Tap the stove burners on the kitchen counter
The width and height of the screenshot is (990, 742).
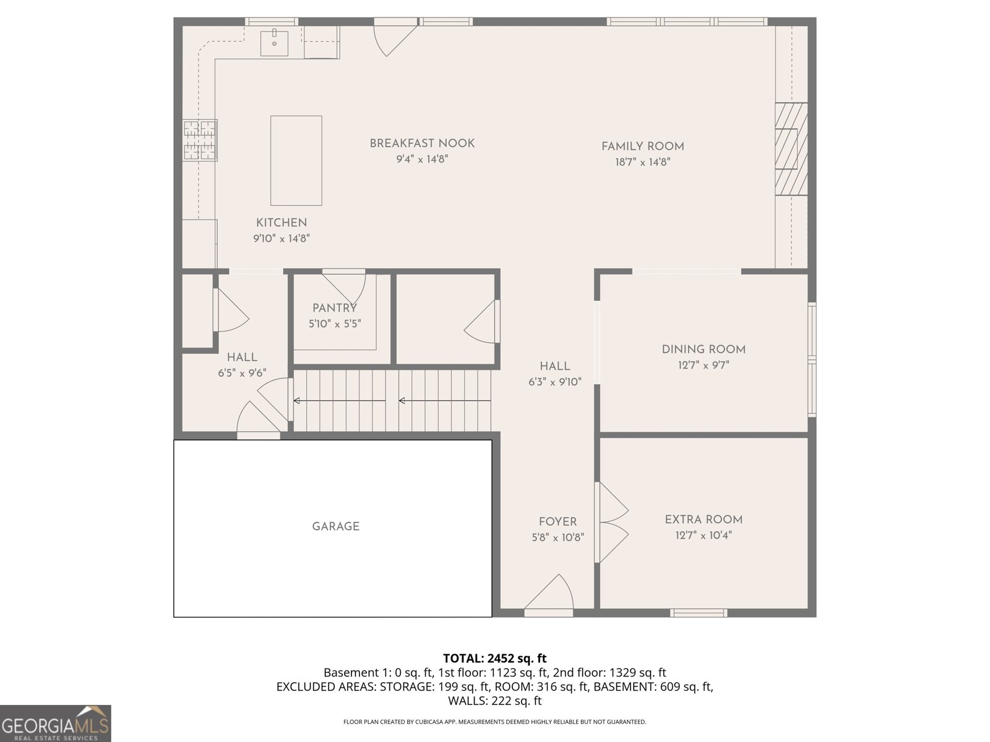point(200,140)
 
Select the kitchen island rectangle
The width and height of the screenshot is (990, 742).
point(296,160)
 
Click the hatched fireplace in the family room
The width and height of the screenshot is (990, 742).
point(791,149)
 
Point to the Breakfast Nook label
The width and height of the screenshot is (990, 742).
point(422,143)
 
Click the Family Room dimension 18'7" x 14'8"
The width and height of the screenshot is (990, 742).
point(642,163)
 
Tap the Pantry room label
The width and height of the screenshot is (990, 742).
point(334,308)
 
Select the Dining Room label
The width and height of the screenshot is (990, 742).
point(704,349)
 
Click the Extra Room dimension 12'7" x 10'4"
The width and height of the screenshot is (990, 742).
point(704,535)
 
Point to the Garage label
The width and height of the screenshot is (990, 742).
point(335,527)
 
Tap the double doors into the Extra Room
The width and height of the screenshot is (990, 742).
point(611,522)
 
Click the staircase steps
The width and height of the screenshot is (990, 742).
point(392,401)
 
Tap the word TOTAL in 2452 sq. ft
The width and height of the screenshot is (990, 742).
point(463,659)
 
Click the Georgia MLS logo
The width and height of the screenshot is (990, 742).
point(55,723)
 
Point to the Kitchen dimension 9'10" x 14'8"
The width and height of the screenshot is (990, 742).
point(281,239)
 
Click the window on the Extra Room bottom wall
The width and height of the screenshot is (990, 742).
point(699,613)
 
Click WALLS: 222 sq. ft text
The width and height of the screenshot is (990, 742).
point(494,701)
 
